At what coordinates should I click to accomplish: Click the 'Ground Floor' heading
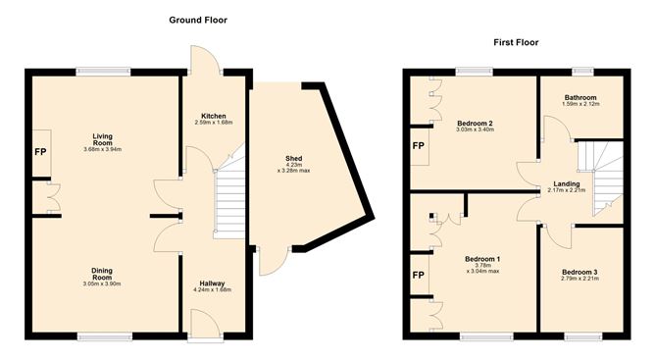coord(205,20)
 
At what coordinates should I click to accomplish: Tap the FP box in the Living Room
coord(40,154)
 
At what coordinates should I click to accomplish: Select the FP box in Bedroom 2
coord(417,146)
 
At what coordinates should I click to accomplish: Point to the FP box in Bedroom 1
coord(418,275)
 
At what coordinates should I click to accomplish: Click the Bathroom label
coord(580,96)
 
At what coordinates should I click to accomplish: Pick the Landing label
coord(566,183)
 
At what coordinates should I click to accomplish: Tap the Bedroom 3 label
coord(579,272)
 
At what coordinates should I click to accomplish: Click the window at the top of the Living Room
coord(104,70)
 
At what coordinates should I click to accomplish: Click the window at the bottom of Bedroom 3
coord(579,337)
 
